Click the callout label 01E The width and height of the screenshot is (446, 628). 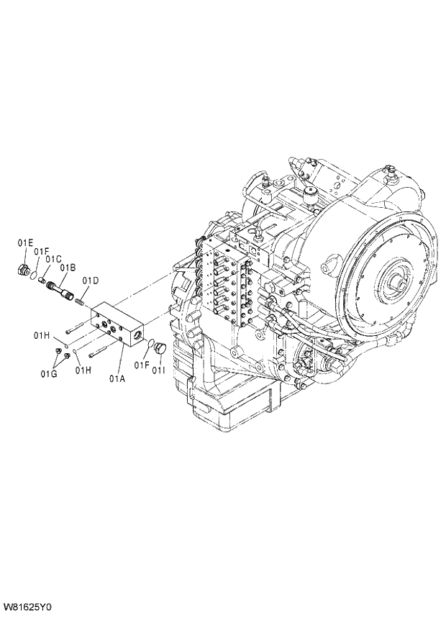26,243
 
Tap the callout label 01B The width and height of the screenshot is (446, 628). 68,268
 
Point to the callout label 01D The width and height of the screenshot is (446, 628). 90,281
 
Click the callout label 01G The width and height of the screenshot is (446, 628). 48,373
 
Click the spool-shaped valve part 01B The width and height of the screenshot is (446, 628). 60,291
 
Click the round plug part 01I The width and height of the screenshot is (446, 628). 160,349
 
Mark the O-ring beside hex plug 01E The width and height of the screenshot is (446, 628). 32,275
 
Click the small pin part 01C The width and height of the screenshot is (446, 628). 42,281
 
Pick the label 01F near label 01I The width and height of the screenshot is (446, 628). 140,365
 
